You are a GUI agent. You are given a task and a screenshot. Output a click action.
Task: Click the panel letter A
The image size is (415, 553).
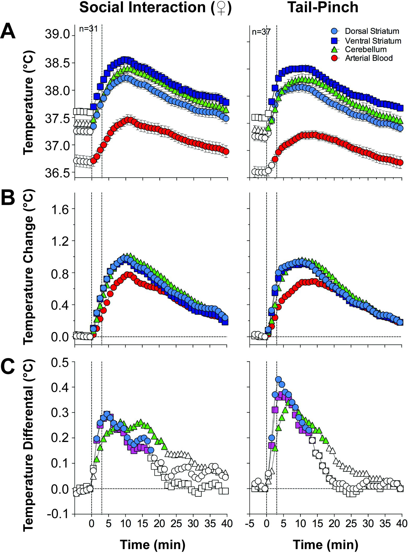pos(8,31)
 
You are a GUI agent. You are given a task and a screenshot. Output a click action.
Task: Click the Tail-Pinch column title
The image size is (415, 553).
pos(323,7)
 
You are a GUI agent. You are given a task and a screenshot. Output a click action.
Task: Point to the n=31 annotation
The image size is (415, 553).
pos(88,28)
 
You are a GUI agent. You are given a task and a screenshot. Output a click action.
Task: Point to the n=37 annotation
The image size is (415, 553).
pos(261,32)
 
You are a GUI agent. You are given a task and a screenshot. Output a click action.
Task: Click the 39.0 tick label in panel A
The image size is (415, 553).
pos(57,34)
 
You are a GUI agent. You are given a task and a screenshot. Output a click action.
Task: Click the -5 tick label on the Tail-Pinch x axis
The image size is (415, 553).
pos(250,523)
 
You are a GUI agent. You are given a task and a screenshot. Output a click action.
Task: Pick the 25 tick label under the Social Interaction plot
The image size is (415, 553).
pos(176,523)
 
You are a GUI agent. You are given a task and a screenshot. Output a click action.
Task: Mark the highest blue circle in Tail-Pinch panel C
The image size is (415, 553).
pos(278,379)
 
